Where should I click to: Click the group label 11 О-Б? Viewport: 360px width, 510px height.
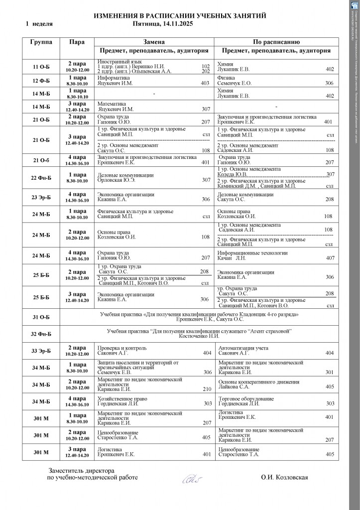pyautogui.click(x=41, y=67)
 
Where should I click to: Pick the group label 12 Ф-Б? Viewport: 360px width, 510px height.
pyautogui.click(x=41, y=81)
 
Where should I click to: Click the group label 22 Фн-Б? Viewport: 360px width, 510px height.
pyautogui.click(x=41, y=178)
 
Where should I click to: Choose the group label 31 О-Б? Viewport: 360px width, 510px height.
pyautogui.click(x=41, y=317)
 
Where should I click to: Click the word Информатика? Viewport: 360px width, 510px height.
pyautogui.click(x=114, y=78)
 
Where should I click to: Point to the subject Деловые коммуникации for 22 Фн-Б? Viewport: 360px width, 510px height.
pyautogui.click(x=125, y=175)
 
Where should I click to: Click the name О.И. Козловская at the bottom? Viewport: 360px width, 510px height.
pyautogui.click(x=284, y=477)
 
